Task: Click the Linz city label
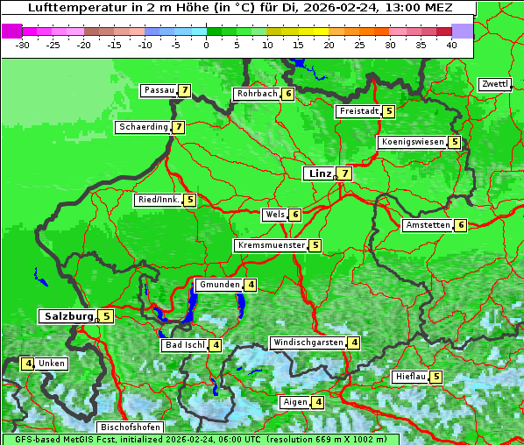(x=320, y=173)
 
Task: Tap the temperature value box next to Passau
(x=184, y=90)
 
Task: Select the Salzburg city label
(x=68, y=316)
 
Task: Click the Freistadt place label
(x=358, y=111)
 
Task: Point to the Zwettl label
(x=494, y=84)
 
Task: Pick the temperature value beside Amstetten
(x=461, y=225)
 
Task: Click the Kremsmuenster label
(x=271, y=245)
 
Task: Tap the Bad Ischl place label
(x=184, y=345)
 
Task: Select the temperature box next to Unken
(x=28, y=364)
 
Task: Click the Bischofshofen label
(x=131, y=427)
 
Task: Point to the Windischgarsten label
(x=307, y=343)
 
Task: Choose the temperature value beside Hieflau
(x=435, y=377)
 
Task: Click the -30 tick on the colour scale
(x=24, y=45)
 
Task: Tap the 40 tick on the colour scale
(x=451, y=45)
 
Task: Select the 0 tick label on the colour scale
(x=206, y=45)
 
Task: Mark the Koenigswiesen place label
(x=412, y=142)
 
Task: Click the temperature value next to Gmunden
(x=251, y=285)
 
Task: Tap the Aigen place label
(x=295, y=402)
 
